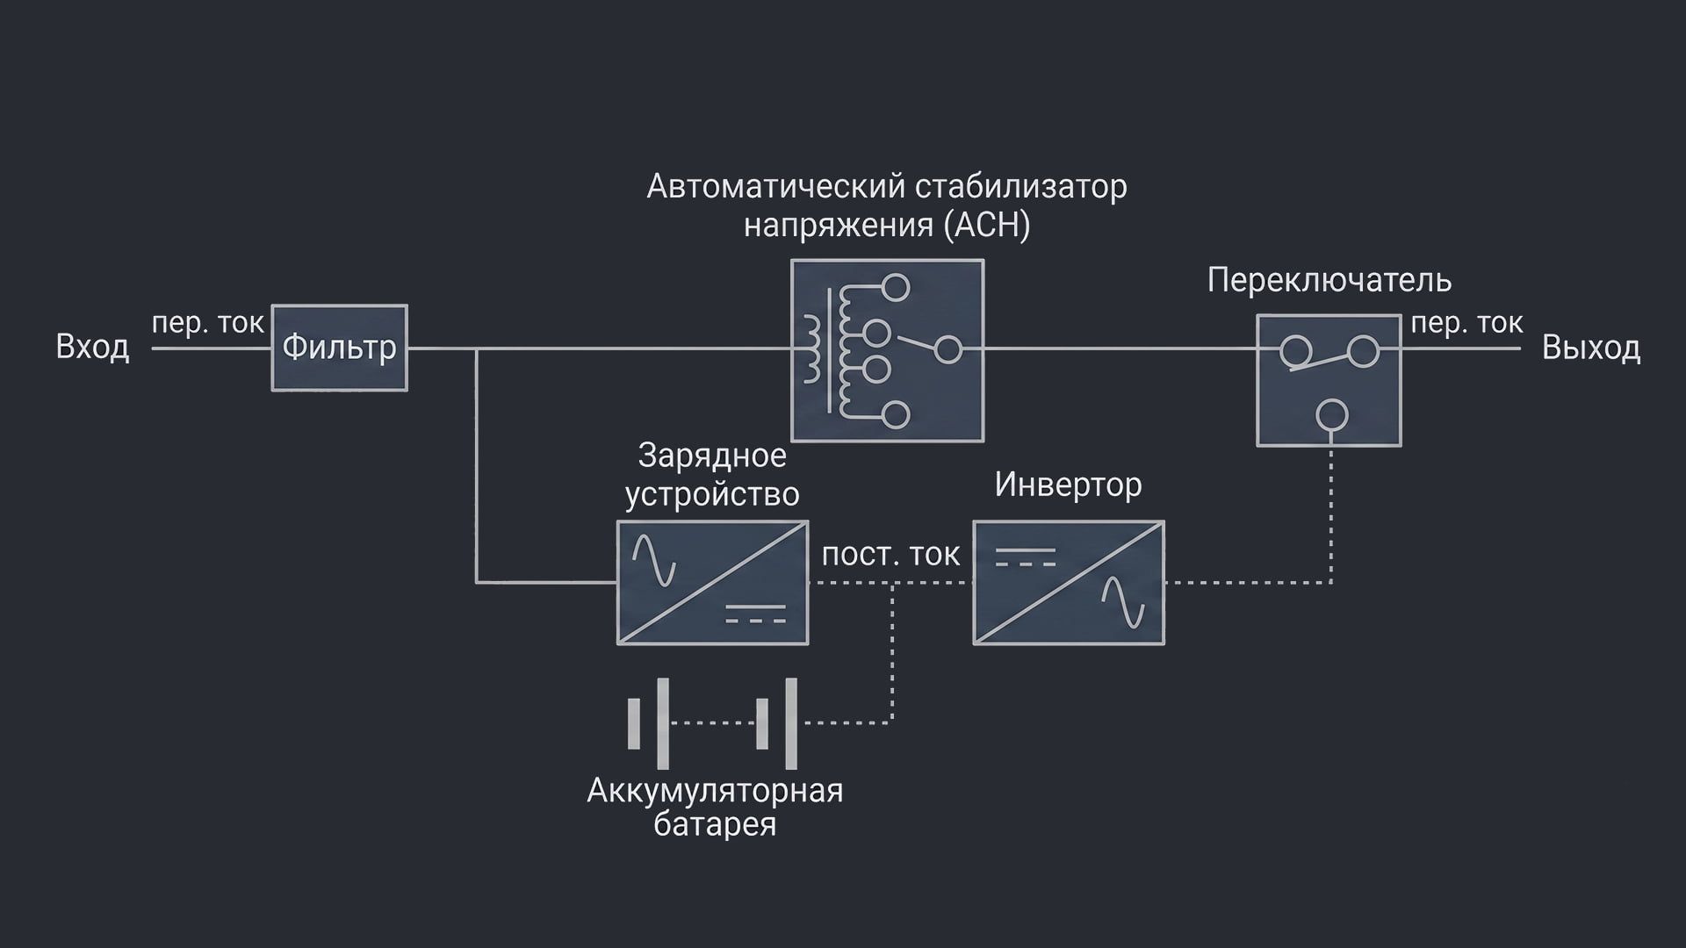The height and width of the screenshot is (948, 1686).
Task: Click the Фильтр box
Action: [x=339, y=348]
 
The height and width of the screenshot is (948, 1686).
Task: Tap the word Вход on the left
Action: [x=92, y=347]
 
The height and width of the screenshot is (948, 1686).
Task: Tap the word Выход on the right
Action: [x=1590, y=348]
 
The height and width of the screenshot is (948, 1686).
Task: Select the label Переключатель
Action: [x=1329, y=280]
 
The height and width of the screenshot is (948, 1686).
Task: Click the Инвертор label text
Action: [x=1068, y=485]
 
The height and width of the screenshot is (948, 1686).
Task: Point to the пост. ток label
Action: [x=890, y=555]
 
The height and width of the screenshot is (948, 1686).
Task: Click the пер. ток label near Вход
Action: [x=207, y=323]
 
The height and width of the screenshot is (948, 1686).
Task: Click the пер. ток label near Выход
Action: [x=1466, y=323]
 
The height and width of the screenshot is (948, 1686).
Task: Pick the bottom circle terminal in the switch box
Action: [x=1332, y=414]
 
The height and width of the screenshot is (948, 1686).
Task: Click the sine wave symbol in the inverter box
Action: [x=1123, y=602]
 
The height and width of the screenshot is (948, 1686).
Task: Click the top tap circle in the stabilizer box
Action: [x=896, y=287]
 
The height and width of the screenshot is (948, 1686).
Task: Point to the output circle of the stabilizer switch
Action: [x=947, y=349]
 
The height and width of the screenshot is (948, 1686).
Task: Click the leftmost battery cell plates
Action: [x=648, y=723]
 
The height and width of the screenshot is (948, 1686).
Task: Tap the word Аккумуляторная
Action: [x=714, y=791]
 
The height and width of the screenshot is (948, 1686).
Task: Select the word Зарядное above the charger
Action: [x=711, y=456]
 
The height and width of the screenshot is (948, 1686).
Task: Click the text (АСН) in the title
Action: [x=986, y=226]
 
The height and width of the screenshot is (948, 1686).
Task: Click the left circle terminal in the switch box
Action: [x=1294, y=352]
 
